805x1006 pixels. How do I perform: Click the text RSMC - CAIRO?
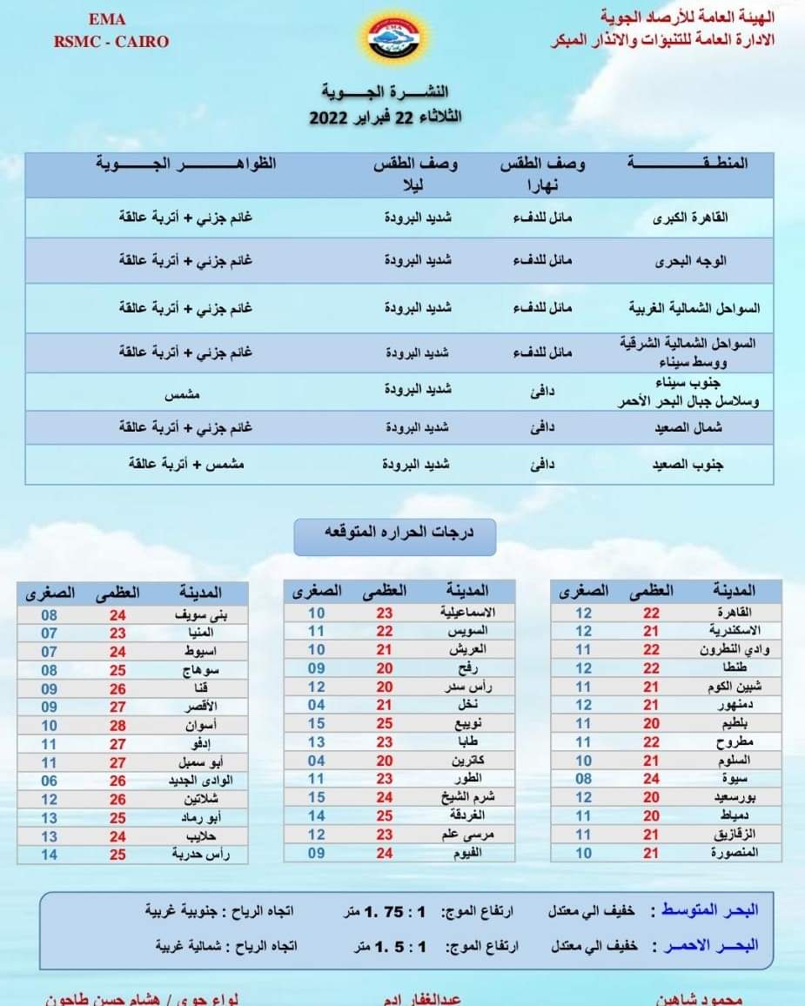[x=111, y=41]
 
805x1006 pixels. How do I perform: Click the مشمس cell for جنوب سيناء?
[x=183, y=394]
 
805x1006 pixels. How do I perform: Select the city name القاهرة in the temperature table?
[x=736, y=612]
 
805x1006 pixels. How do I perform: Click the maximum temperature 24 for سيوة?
[x=651, y=779]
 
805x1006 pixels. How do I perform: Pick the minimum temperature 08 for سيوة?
[x=583, y=779]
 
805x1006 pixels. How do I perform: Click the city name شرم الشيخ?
[x=463, y=797]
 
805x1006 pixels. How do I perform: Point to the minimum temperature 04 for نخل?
[x=316, y=705]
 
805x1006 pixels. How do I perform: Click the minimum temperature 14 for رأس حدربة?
[x=50, y=855]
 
